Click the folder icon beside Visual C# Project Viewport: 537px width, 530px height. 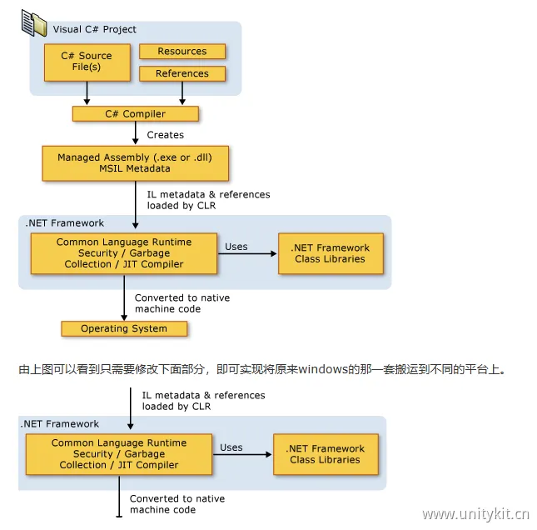coord(34,23)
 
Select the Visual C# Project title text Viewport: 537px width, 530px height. coord(94,29)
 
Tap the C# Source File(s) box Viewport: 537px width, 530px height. coord(87,62)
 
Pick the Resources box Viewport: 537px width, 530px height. coord(181,52)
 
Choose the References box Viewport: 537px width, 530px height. coord(181,73)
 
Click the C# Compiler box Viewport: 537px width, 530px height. coord(134,114)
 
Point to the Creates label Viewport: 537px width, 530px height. coord(165,135)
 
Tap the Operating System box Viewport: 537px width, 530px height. coord(123,328)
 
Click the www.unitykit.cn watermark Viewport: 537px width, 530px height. coord(475,513)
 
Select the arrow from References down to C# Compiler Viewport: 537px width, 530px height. coord(181,93)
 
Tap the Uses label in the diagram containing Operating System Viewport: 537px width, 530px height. coord(236,247)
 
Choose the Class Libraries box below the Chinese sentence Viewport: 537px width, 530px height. coord(325,454)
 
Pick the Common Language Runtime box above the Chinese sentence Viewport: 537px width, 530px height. coord(123,253)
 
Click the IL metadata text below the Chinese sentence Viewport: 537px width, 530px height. coord(203,401)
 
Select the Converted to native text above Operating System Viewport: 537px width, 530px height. coord(181,303)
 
